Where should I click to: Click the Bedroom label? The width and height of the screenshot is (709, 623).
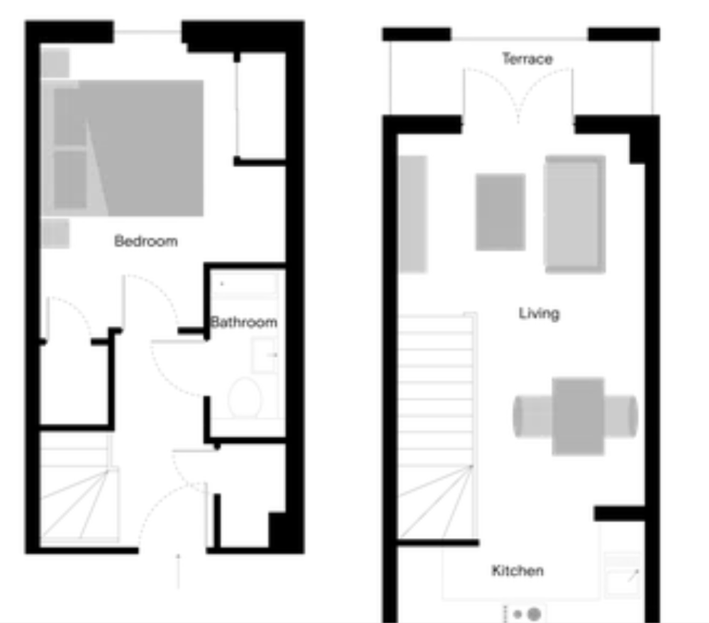pos(145,241)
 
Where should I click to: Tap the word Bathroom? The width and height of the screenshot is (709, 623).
pos(244,322)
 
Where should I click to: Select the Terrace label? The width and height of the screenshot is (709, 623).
pos(527,59)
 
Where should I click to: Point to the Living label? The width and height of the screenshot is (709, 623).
pos(539,313)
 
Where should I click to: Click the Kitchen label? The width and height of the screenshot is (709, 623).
pos(518,571)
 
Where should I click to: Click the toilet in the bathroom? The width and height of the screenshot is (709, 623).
pos(245,398)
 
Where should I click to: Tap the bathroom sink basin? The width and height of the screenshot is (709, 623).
pos(264,355)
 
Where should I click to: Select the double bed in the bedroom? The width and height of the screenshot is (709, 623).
pos(122,148)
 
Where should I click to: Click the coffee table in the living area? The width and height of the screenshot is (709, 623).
pos(501,212)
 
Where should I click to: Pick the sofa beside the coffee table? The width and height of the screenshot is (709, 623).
pos(575,214)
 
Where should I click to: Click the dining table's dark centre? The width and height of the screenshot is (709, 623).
pos(578,416)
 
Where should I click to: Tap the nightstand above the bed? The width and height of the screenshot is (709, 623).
pos(55,63)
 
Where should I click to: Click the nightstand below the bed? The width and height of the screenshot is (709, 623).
pos(55,233)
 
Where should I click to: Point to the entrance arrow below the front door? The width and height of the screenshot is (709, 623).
pos(178,571)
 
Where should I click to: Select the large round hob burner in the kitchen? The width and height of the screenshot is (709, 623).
pos(535,614)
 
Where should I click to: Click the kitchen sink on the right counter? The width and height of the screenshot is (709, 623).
pos(623,574)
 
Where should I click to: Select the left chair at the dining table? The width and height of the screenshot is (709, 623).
pos(532,416)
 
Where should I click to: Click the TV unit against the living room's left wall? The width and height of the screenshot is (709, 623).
pos(413,214)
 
